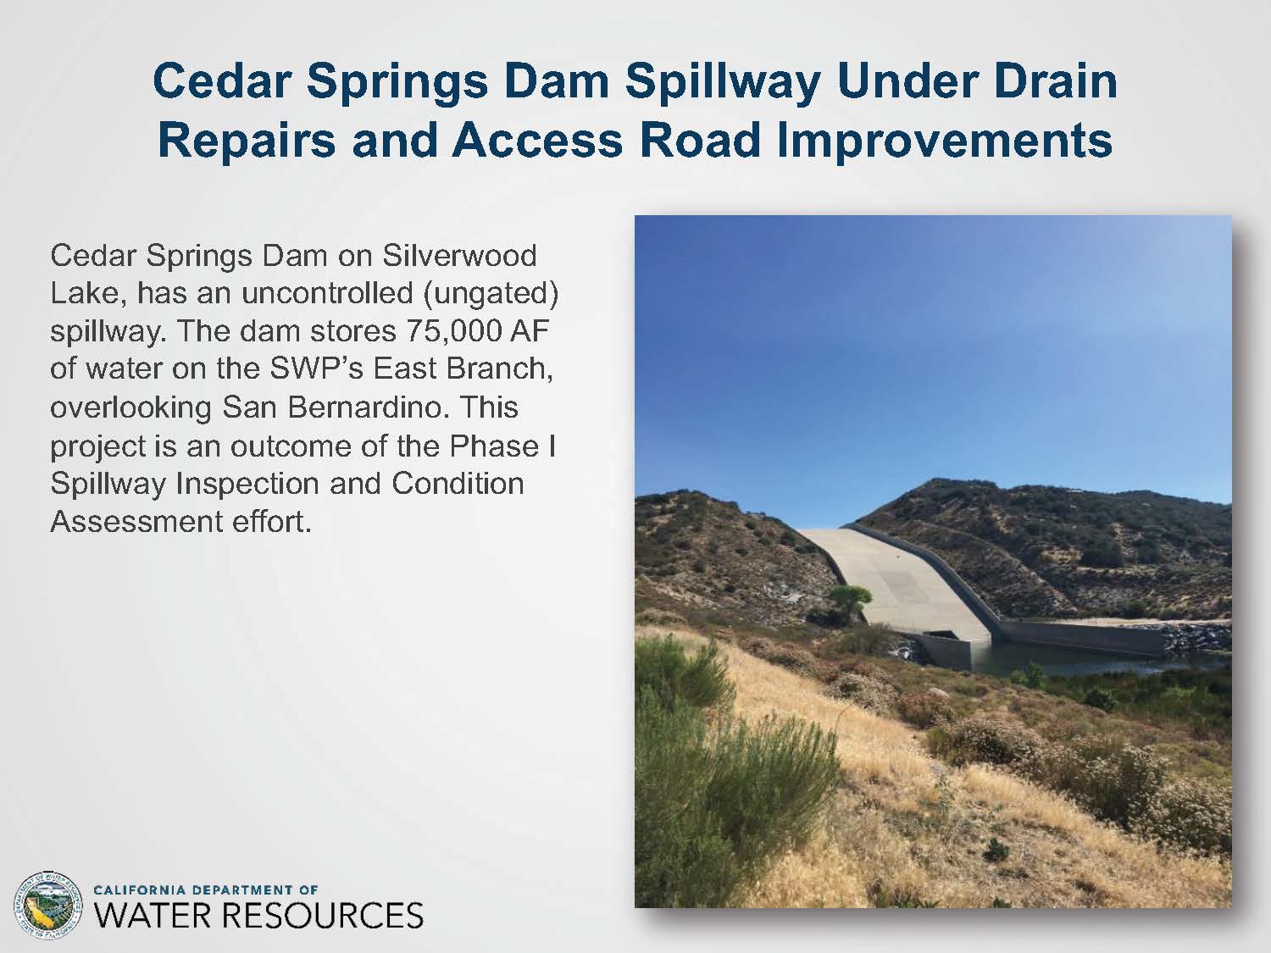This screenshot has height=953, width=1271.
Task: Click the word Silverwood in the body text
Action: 459,255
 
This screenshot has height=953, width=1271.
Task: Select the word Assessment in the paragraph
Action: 136,521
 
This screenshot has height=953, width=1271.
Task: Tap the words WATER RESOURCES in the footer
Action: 258,917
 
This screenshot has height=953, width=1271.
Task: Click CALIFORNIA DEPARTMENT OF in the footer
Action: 206,890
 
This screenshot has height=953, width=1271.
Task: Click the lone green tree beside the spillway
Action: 849,600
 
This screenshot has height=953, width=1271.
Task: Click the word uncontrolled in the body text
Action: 327,293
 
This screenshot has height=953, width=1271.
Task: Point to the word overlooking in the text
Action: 130,408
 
